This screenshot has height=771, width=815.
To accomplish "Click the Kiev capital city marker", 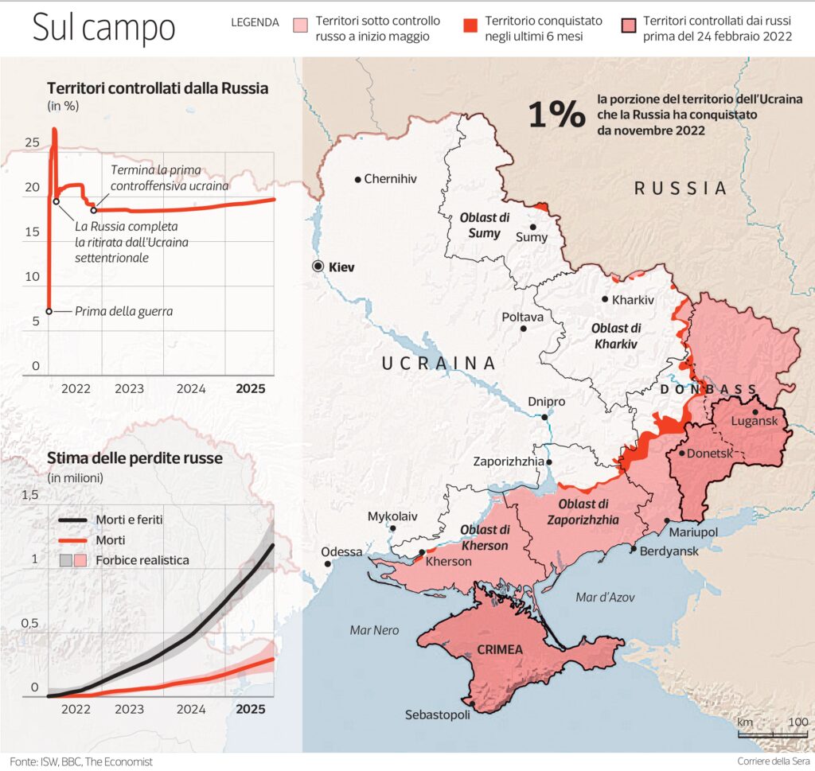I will click(318, 267).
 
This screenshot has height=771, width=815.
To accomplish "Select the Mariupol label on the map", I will click(695, 532).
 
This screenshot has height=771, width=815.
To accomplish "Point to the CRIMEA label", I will click(500, 650).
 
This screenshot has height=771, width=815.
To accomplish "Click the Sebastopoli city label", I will click(438, 714).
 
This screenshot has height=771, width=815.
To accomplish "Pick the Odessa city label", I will click(341, 551).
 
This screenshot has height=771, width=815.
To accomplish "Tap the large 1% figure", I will click(556, 115).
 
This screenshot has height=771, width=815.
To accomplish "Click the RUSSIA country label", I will click(680, 189).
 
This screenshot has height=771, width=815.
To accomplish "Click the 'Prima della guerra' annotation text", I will click(123, 311).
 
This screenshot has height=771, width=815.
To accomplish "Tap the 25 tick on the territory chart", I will click(32, 143).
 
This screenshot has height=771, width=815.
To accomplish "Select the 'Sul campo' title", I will click(103, 28).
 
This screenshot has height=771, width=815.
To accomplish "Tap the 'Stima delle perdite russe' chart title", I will click(135, 458).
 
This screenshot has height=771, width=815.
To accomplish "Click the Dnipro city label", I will click(546, 402).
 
